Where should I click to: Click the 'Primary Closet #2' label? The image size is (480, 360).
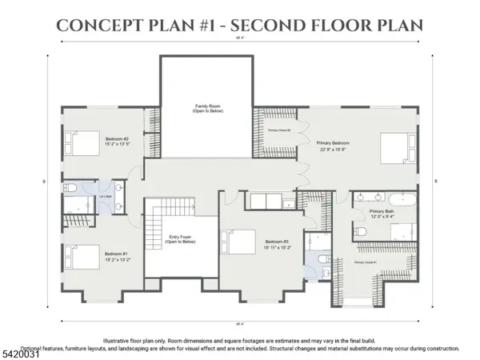pyautogui.click(x=278, y=129)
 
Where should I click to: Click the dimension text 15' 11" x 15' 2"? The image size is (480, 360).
pyautogui.click(x=278, y=247)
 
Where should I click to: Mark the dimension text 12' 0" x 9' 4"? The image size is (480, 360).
pyautogui.click(x=382, y=216)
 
